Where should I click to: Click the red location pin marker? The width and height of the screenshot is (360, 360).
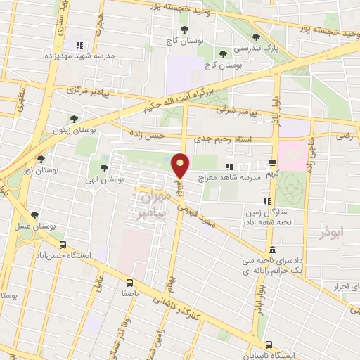point(181,165)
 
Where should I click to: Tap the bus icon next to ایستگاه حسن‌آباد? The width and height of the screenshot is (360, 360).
point(63,245)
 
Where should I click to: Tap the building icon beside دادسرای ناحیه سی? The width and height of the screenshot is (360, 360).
point(272,250)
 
